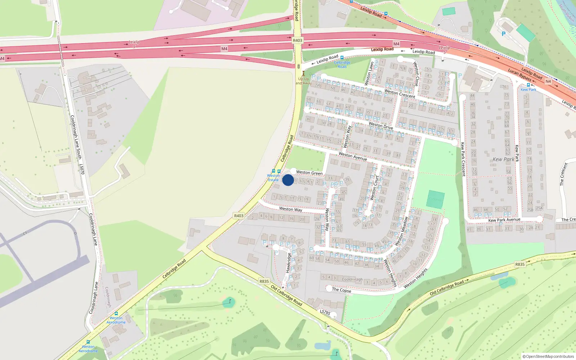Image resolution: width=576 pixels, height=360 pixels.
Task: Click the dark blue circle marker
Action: click(x=288, y=180)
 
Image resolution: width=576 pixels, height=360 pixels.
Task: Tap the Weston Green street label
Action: click(x=309, y=173)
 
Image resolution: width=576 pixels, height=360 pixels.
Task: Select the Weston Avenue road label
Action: click(x=353, y=156)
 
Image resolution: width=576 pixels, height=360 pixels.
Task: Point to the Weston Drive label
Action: click(x=381, y=125)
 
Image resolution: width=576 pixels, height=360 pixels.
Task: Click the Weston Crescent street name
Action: click(x=400, y=94)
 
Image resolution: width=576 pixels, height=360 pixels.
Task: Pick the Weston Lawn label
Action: click(x=369, y=73)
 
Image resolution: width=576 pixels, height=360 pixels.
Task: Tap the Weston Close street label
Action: click(x=416, y=74)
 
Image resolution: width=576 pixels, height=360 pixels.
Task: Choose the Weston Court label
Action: click(x=374, y=188)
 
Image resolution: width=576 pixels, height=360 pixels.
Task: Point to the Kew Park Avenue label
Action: click(x=504, y=220)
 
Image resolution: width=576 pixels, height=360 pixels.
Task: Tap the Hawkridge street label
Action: click(x=288, y=262)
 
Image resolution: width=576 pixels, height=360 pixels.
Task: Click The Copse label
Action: click(x=341, y=290)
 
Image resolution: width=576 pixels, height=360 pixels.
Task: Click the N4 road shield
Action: click(x=548, y=81)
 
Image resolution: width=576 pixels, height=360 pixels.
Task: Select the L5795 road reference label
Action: click(x=325, y=312)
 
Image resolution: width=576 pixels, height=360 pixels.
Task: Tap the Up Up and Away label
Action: click(x=303, y=81)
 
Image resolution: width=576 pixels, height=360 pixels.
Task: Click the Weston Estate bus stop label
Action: click(x=273, y=178)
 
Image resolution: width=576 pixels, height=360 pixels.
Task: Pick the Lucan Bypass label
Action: click(x=519, y=75)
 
